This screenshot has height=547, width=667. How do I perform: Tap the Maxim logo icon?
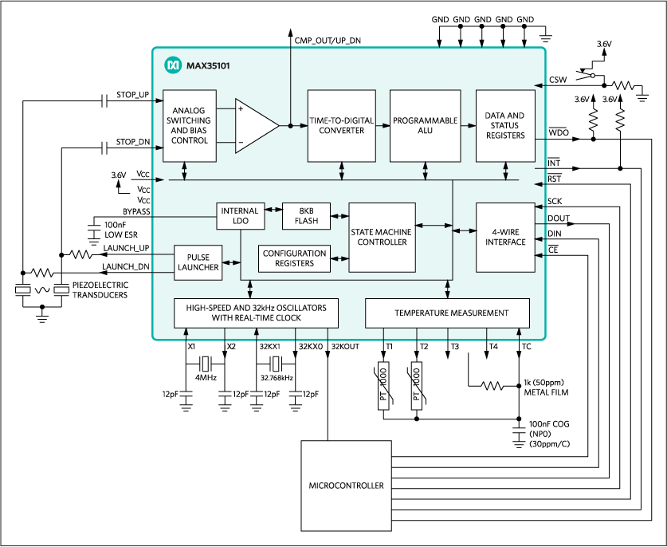pyautogui.click(x=173, y=65)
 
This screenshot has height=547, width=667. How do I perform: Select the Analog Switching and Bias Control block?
pyautogui.click(x=190, y=126)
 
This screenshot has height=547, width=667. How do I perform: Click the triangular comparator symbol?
pyautogui.click(x=255, y=126)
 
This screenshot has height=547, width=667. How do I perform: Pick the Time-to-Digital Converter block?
pyautogui.click(x=341, y=125)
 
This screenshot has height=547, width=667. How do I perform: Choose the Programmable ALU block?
pyautogui.click(x=425, y=125)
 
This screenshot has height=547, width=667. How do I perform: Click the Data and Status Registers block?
pyautogui.click(x=504, y=125)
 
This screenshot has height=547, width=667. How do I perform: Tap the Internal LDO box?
pyautogui.click(x=240, y=216)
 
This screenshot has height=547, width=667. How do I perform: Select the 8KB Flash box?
pyautogui.click(x=306, y=216)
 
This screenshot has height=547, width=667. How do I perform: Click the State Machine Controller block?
pyautogui.click(x=382, y=238)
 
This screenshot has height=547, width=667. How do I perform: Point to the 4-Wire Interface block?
pyautogui.click(x=504, y=237)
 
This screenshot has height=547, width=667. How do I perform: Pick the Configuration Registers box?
pyautogui.click(x=294, y=258)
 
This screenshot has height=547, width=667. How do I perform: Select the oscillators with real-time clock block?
pyautogui.click(x=256, y=313)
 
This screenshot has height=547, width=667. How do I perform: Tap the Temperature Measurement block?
pyautogui.click(x=447, y=313)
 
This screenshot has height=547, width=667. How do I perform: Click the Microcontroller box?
pyautogui.click(x=346, y=486)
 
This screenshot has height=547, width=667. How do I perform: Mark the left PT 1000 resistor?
pyautogui.click(x=383, y=387)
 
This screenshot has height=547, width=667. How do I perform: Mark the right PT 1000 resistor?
pyautogui.click(x=417, y=387)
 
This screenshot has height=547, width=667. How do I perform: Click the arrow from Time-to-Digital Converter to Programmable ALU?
pyautogui.click(x=382, y=125)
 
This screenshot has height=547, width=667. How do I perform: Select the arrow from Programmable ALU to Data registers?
pyautogui.click(x=468, y=125)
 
